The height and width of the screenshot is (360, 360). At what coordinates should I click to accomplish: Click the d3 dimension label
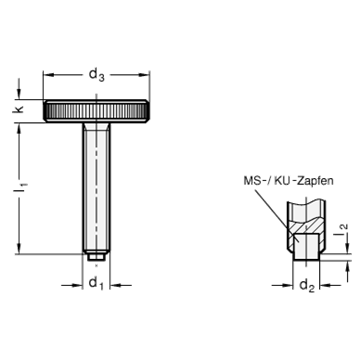click(96, 75)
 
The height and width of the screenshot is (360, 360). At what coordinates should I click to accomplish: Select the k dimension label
click(19, 109)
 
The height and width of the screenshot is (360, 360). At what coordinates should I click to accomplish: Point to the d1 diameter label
click(96, 284)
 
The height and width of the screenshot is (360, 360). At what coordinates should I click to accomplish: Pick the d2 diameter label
click(307, 286)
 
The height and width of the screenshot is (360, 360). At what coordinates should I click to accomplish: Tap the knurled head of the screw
click(96, 111)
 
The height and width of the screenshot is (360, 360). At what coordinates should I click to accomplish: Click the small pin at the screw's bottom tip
click(96, 257)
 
